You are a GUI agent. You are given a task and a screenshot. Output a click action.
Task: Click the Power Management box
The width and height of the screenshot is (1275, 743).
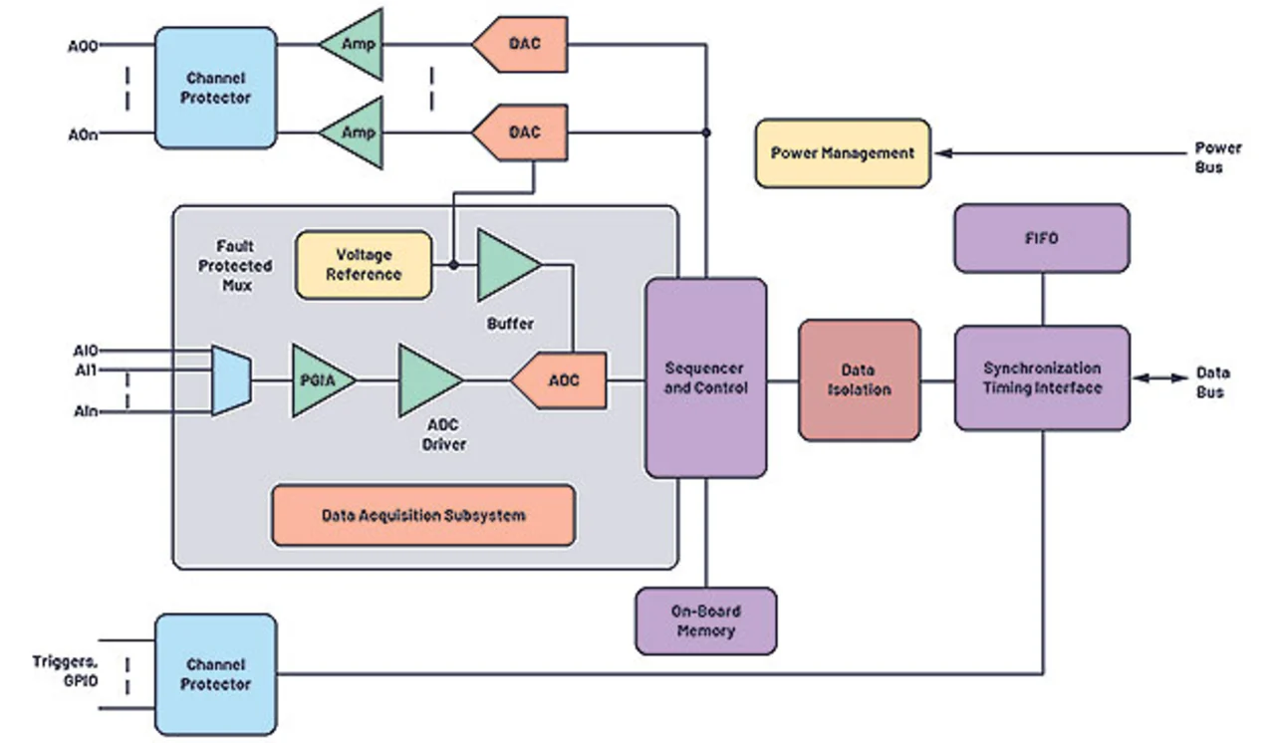843,153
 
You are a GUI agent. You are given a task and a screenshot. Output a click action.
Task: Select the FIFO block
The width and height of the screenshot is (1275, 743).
1041,238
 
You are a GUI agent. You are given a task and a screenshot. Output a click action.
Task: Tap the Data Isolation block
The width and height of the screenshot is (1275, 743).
859,379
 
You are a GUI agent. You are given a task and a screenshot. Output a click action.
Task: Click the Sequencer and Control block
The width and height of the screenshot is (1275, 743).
705,377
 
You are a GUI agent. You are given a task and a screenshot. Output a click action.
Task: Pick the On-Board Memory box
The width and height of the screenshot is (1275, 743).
705,620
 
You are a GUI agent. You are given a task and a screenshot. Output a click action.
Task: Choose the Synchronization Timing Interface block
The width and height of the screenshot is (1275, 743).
1041,377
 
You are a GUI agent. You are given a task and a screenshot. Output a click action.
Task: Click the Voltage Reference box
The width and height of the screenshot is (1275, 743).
364,264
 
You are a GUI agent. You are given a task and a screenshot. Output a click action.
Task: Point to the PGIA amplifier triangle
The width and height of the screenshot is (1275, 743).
318,379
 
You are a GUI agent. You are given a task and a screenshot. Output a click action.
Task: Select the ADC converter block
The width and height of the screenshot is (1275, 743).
560,379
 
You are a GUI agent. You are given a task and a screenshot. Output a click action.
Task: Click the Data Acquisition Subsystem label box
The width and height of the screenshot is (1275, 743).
422,515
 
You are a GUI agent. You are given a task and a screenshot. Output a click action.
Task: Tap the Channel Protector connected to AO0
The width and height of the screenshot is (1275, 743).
215,88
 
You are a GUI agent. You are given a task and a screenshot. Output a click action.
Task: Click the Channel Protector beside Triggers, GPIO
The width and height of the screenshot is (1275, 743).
215,674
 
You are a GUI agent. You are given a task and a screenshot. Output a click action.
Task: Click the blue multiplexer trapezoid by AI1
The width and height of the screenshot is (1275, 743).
230,379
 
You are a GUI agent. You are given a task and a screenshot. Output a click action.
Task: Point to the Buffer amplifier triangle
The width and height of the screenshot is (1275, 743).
505,265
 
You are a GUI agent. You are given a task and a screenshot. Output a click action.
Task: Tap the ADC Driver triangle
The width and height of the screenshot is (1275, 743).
426,379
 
